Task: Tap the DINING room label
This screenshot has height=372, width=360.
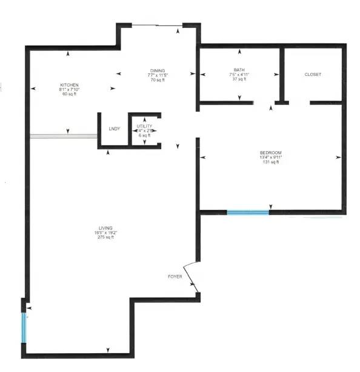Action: (158, 70)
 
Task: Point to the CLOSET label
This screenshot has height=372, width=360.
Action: (313, 75)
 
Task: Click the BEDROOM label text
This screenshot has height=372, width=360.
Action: (271, 152)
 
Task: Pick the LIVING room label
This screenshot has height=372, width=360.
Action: (105, 228)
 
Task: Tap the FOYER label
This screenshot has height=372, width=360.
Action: (175, 277)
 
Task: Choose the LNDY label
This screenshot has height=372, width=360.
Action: (114, 129)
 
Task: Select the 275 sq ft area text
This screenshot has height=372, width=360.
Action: (105, 237)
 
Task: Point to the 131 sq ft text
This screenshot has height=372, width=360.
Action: (271, 162)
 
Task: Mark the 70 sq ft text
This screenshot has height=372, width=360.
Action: (158, 80)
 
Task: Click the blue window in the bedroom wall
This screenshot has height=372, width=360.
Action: (248, 212)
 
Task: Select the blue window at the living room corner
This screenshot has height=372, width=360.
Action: (24, 328)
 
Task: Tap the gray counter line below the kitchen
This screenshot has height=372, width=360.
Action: (64, 137)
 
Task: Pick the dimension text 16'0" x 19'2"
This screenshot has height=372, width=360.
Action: (105, 232)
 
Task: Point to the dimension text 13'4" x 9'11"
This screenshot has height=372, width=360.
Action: (271, 157)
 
